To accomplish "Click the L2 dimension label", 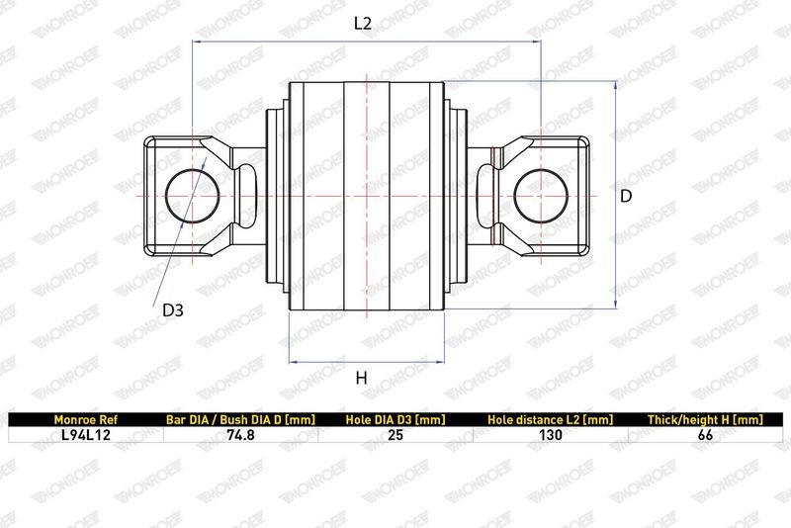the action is coord(362,23).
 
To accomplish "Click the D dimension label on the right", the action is coord(626,196).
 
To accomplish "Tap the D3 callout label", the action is coord(172,310).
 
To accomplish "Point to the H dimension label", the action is coord(361,378).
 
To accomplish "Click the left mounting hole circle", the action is coord(193,169).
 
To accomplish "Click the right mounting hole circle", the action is coord(541,169).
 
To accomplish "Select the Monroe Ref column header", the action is coord(86,419).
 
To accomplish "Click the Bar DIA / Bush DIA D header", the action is coord(240,419).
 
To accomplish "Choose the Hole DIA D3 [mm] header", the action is coord(395,419).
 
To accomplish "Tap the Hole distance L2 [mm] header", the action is coord(551,419).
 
